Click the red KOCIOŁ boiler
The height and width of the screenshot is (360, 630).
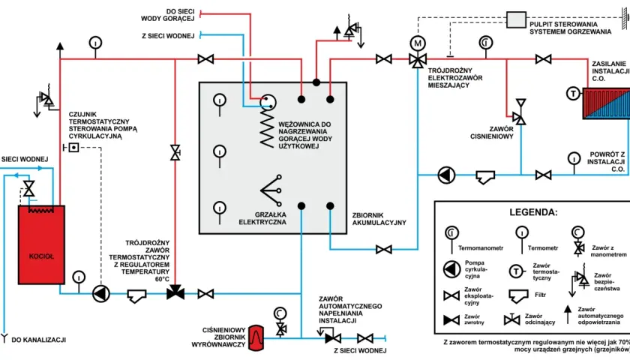41,244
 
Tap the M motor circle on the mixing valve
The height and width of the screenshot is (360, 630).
418,43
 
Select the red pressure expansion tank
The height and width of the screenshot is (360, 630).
256,338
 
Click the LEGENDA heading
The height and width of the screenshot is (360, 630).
533,212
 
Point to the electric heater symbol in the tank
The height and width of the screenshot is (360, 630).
271,190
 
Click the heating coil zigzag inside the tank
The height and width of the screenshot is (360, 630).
267,127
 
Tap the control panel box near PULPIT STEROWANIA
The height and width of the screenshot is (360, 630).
516,19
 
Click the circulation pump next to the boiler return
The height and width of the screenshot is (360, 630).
100,294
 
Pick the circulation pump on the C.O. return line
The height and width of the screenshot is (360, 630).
446,175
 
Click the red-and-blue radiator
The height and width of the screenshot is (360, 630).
606,103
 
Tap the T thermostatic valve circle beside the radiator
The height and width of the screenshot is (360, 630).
573,94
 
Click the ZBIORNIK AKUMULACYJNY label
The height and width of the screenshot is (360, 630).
379,219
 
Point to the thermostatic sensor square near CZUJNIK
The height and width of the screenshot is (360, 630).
73,148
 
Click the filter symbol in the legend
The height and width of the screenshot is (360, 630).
518,296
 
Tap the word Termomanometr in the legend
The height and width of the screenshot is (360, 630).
481,248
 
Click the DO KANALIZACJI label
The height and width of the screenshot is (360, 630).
38,340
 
